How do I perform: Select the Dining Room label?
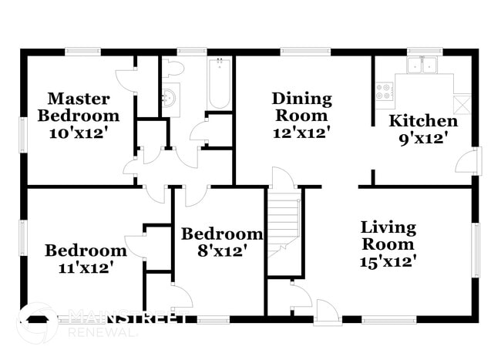click(301, 107)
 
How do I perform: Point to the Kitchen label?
click(422, 121)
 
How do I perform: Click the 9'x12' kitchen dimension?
click(422, 138)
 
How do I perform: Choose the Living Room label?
click(388, 236)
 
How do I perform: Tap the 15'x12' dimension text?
click(388, 261)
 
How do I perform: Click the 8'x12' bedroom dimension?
click(221, 251)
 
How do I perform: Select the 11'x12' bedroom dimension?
click(85, 267)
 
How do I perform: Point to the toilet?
click(174, 69)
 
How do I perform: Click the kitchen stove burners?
click(383, 92)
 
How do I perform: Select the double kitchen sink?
click(422, 66)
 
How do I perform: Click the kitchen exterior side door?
click(467, 162)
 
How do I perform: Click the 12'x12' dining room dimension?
click(301, 133)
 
